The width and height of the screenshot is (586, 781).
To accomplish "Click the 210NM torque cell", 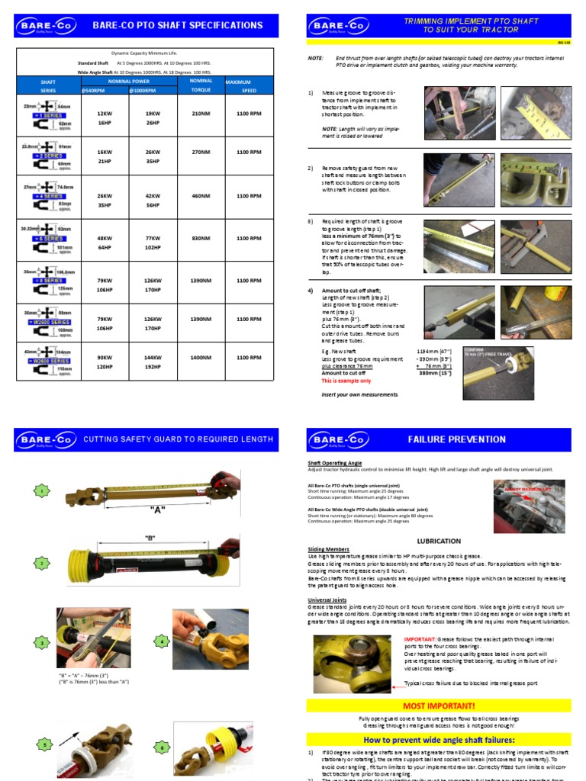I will [x=201, y=113].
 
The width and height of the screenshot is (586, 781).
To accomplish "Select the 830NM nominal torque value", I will [x=201, y=238].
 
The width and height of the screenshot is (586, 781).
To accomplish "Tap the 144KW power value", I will [x=153, y=357].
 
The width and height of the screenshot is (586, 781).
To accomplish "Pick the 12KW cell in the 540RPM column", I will [x=104, y=113].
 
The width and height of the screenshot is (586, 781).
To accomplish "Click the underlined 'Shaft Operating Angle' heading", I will [x=334, y=463].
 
